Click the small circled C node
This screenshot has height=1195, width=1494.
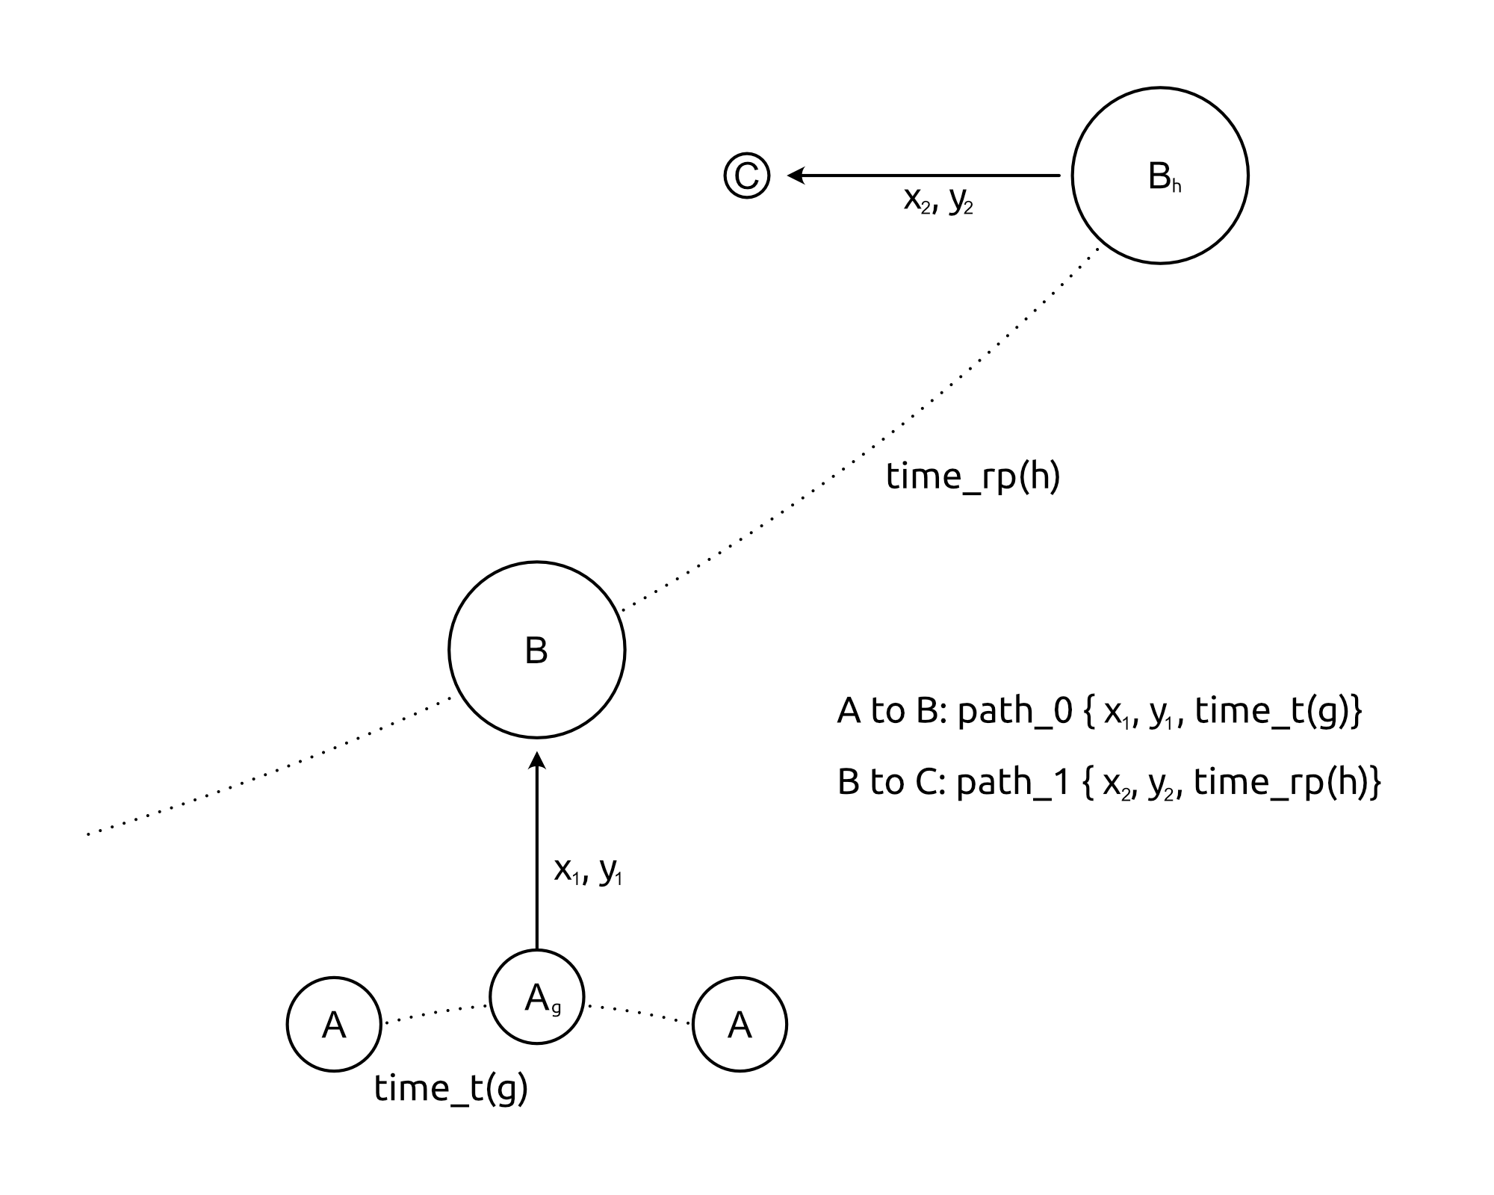(x=746, y=176)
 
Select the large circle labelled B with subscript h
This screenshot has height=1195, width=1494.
(x=1159, y=176)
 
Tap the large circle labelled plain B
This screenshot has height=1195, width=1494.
(x=536, y=650)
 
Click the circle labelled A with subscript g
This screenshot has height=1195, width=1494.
(x=536, y=996)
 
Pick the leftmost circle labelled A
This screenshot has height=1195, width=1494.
(x=334, y=1024)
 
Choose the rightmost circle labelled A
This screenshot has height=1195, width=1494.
(x=740, y=1024)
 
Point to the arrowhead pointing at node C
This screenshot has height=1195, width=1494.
(x=796, y=176)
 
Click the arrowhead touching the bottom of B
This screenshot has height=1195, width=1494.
(x=536, y=760)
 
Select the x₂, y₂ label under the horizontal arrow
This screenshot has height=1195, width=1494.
(x=938, y=200)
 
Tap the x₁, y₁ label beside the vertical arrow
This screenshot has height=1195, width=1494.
(x=588, y=870)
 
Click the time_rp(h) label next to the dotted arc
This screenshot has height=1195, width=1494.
(x=973, y=477)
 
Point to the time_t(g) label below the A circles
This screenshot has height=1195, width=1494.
(x=451, y=1088)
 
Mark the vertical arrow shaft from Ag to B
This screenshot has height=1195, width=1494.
(x=536, y=859)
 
